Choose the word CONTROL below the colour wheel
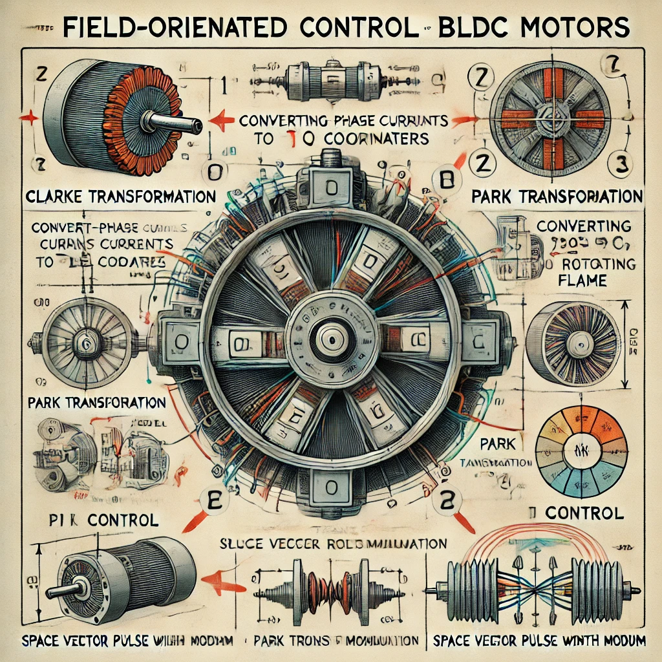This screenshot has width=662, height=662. (584, 513)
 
